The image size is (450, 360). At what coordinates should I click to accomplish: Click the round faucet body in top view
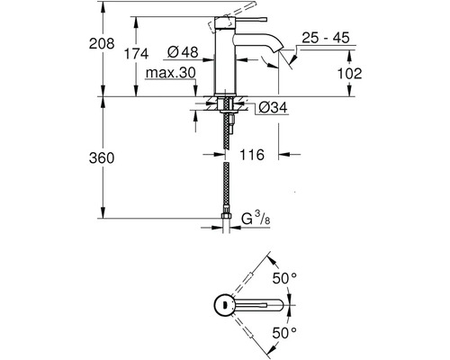tap(222, 305)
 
